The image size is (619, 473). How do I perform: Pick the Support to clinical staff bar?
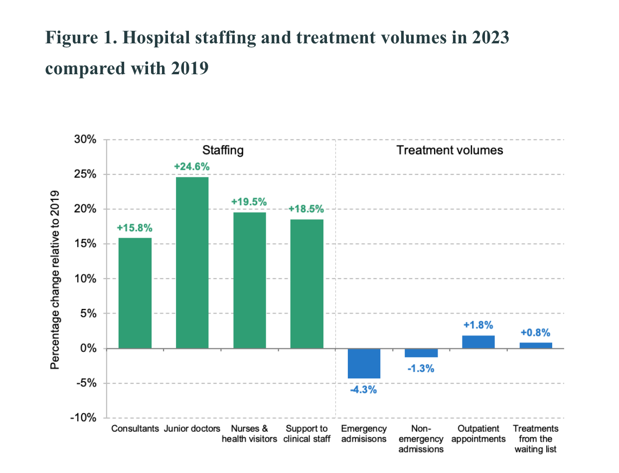pyautogui.click(x=307, y=284)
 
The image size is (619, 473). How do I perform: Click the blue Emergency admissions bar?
pyautogui.click(x=364, y=363)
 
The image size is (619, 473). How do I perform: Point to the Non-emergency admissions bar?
pyautogui.click(x=421, y=353)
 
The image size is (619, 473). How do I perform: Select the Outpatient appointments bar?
pyautogui.click(x=478, y=342)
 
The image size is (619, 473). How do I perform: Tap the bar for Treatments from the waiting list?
pyautogui.click(x=536, y=345)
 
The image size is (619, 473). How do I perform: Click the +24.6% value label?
pyautogui.click(x=192, y=167)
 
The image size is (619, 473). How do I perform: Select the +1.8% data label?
pyautogui.click(x=478, y=325)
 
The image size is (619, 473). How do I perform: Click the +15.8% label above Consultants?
pyautogui.click(x=135, y=228)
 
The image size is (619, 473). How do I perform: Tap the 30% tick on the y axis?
pyautogui.click(x=85, y=140)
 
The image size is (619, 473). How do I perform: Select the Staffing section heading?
pyautogui.click(x=223, y=150)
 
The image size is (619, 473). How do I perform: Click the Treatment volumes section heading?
pyautogui.click(x=450, y=150)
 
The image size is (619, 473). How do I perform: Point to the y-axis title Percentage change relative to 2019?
pyautogui.click(x=55, y=280)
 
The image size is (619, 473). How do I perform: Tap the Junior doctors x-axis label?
pyautogui.click(x=192, y=429)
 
